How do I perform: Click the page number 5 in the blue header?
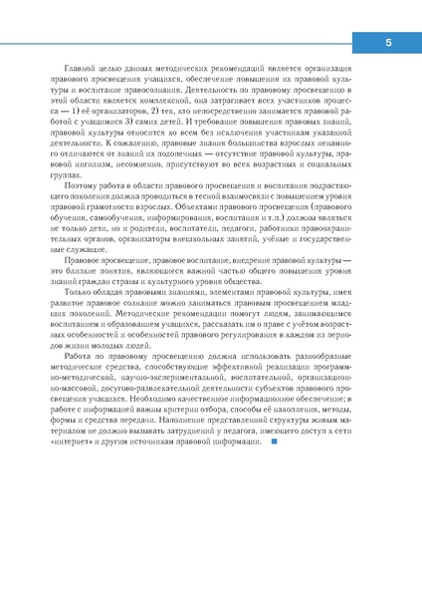coord(389,43)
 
